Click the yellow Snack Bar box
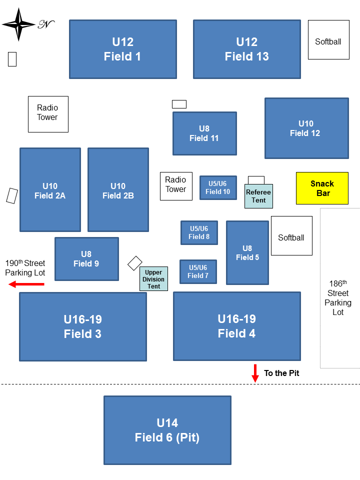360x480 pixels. coord(322,188)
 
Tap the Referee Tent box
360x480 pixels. coord(259,196)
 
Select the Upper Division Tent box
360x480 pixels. coord(153,278)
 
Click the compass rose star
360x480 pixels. coord(18,24)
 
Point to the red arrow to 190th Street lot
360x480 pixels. coord(26,284)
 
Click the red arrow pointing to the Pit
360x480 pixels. coord(255,373)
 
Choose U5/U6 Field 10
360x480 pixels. coord(218,187)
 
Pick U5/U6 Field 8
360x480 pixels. coord(199,232)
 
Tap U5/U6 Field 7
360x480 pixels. coord(198,271)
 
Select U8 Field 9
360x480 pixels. coord(86,259)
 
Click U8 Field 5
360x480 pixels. coord(247,252)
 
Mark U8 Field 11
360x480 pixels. coord(204,133)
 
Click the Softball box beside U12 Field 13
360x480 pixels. coord(328,40)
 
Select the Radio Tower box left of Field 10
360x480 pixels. coord(176,186)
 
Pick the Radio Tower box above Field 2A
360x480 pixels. coord(48,114)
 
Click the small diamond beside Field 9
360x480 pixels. coord(135,263)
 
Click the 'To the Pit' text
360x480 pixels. coord(281,373)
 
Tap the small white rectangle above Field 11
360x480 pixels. coord(179,104)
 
